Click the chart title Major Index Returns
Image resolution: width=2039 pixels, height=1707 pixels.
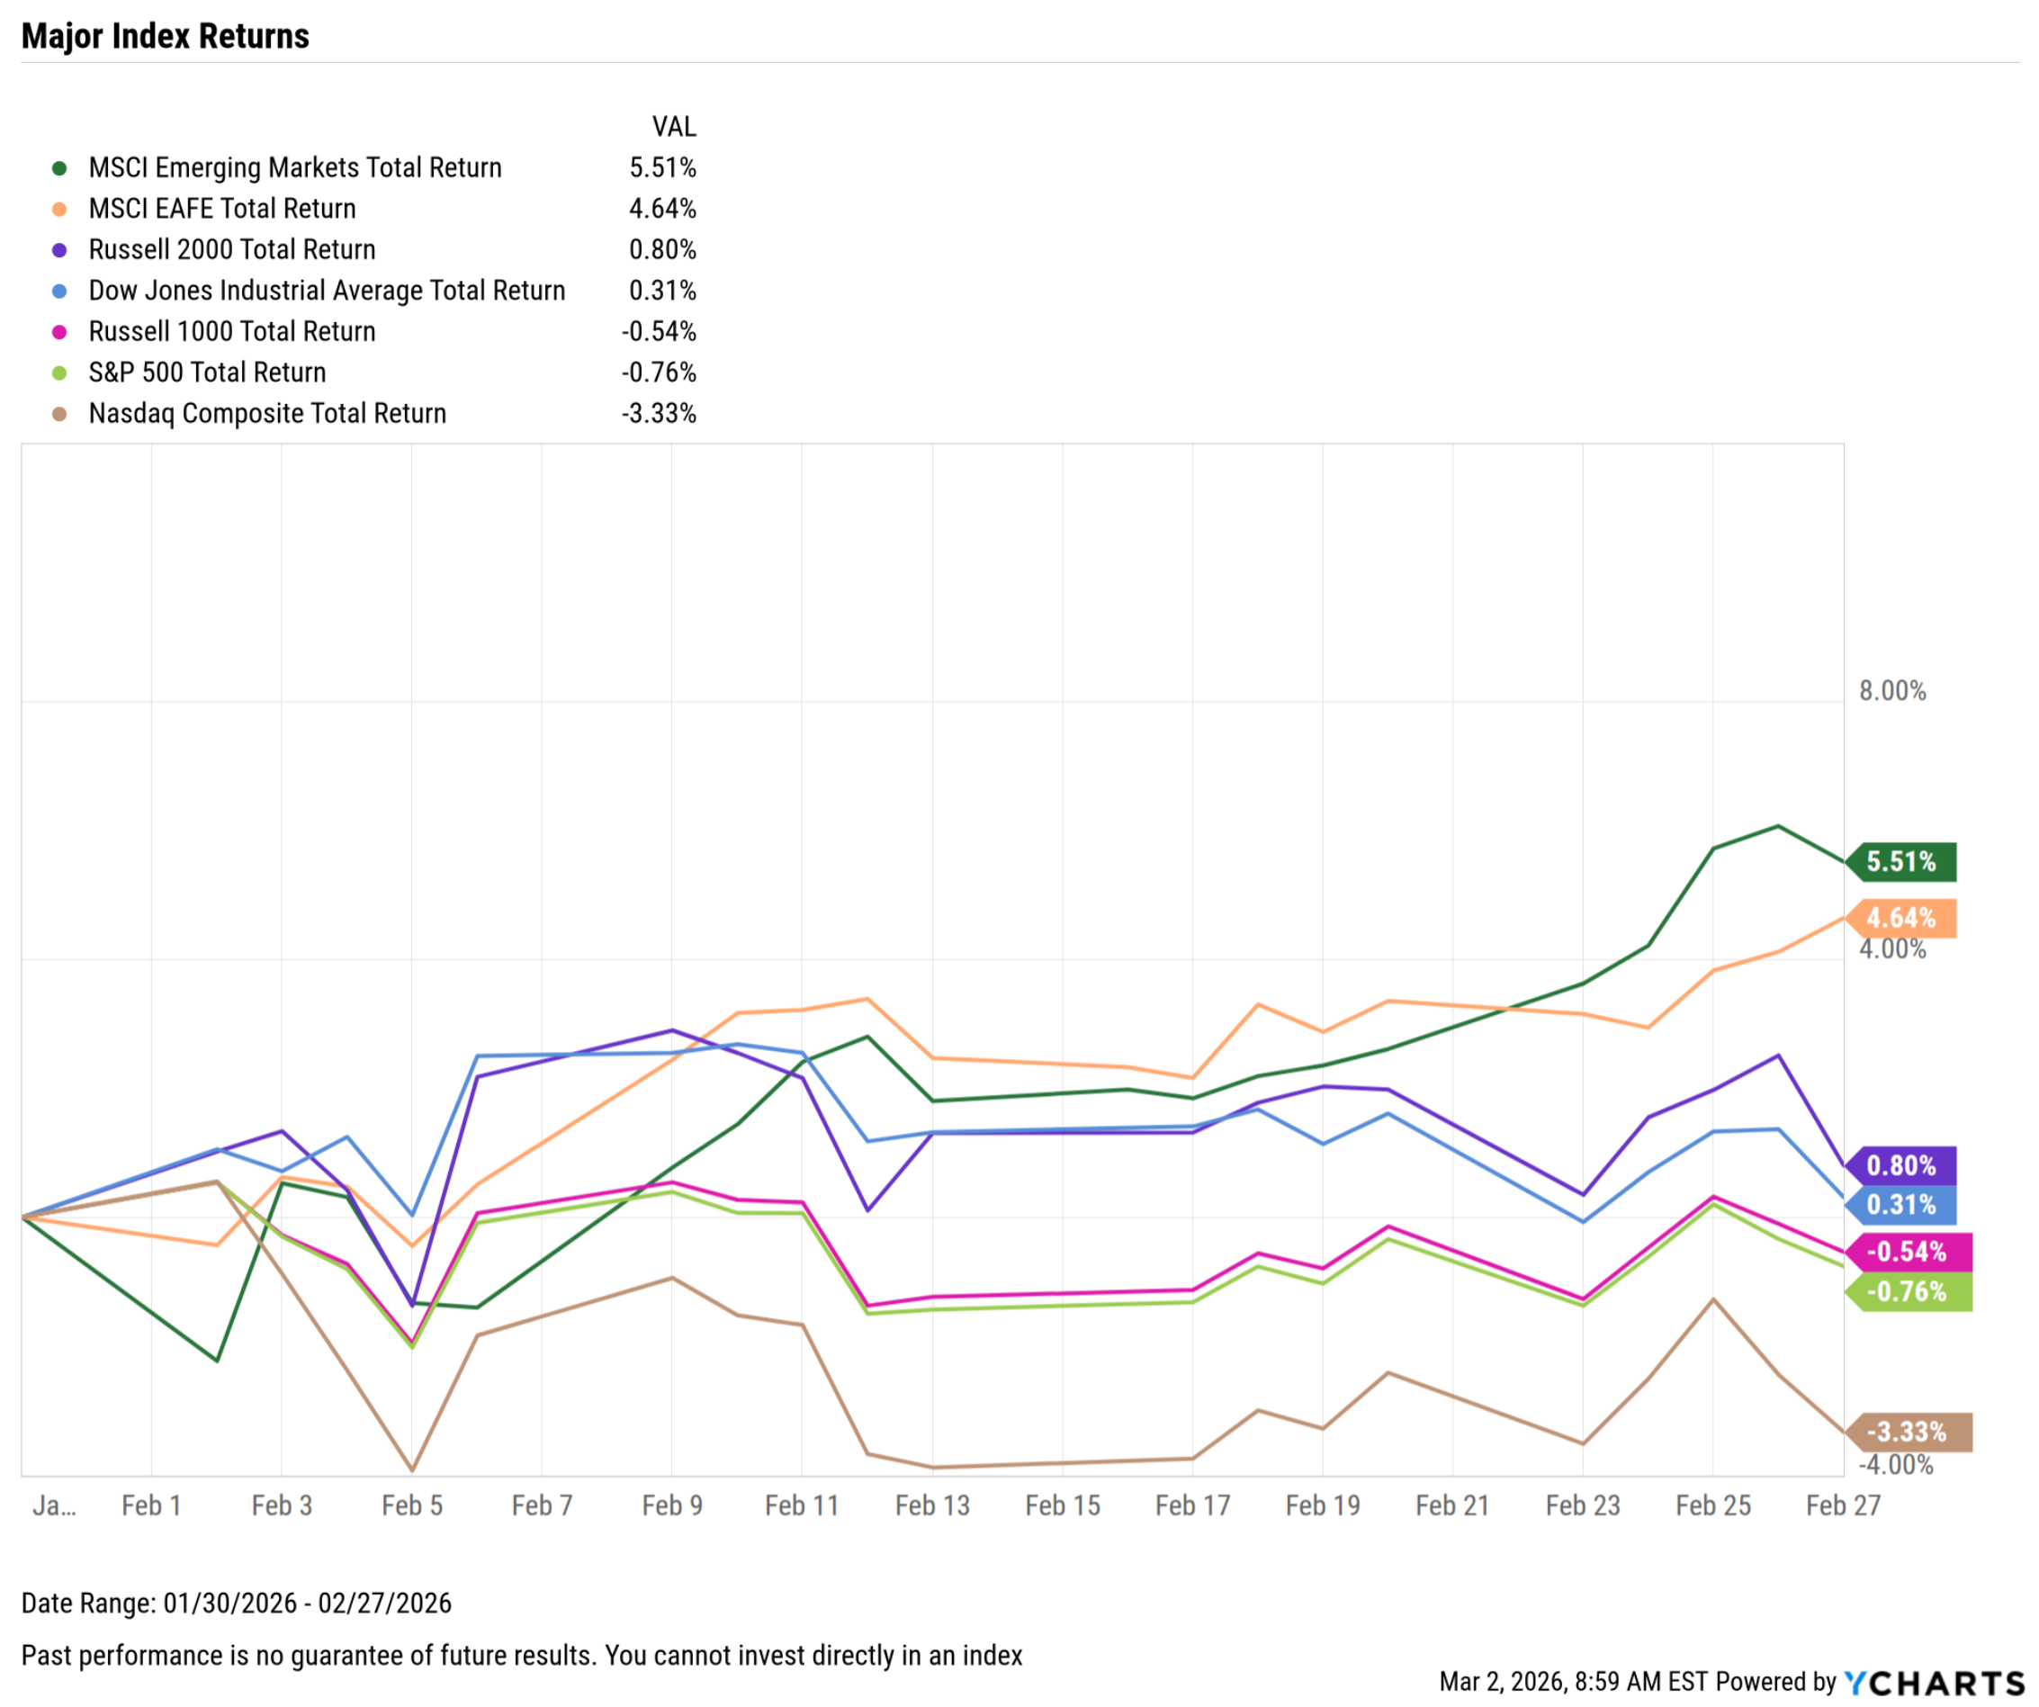click(165, 36)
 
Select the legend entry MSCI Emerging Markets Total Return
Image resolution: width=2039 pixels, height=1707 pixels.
click(295, 168)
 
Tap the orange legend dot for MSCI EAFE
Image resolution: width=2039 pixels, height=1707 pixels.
click(59, 209)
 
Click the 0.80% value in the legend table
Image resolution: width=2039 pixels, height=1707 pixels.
click(662, 249)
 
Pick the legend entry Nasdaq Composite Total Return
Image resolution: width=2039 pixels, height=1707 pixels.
click(267, 414)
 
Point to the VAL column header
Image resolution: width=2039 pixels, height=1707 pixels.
click(674, 127)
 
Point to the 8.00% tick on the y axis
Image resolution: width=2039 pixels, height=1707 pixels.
click(1892, 691)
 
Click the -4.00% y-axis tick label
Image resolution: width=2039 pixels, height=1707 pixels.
click(1896, 1465)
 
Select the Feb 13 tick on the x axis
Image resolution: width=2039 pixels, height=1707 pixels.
click(932, 1506)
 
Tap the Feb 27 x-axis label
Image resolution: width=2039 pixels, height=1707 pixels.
click(1843, 1506)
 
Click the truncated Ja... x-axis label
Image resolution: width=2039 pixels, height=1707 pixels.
click(53, 1506)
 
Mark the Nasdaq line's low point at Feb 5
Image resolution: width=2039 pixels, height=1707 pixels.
click(413, 1470)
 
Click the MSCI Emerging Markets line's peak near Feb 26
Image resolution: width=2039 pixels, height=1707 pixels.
click(1779, 826)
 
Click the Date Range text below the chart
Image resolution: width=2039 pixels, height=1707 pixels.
click(236, 1604)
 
